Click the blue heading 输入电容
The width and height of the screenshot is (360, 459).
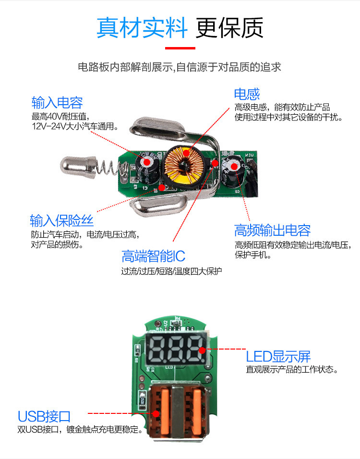[57, 102]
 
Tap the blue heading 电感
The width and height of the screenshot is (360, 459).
[247, 94]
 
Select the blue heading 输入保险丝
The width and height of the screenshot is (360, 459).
[61, 220]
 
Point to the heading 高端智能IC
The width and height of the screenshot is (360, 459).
[154, 256]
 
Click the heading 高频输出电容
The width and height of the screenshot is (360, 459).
[272, 230]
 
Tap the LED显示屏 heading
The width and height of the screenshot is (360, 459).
[278, 357]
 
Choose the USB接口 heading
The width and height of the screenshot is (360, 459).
[44, 416]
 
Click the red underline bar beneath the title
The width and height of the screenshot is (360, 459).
[180, 48]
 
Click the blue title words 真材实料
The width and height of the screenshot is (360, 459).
[142, 28]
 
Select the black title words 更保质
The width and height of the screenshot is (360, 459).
[229, 28]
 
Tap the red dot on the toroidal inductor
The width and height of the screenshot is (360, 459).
[186, 153]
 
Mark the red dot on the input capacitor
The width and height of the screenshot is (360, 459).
[147, 162]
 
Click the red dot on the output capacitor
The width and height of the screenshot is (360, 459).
[234, 167]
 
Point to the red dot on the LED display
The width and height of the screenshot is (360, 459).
[202, 350]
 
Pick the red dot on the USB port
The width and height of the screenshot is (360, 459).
[156, 413]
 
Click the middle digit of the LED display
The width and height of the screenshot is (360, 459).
[175, 349]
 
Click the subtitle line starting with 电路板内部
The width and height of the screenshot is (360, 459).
[180, 67]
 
